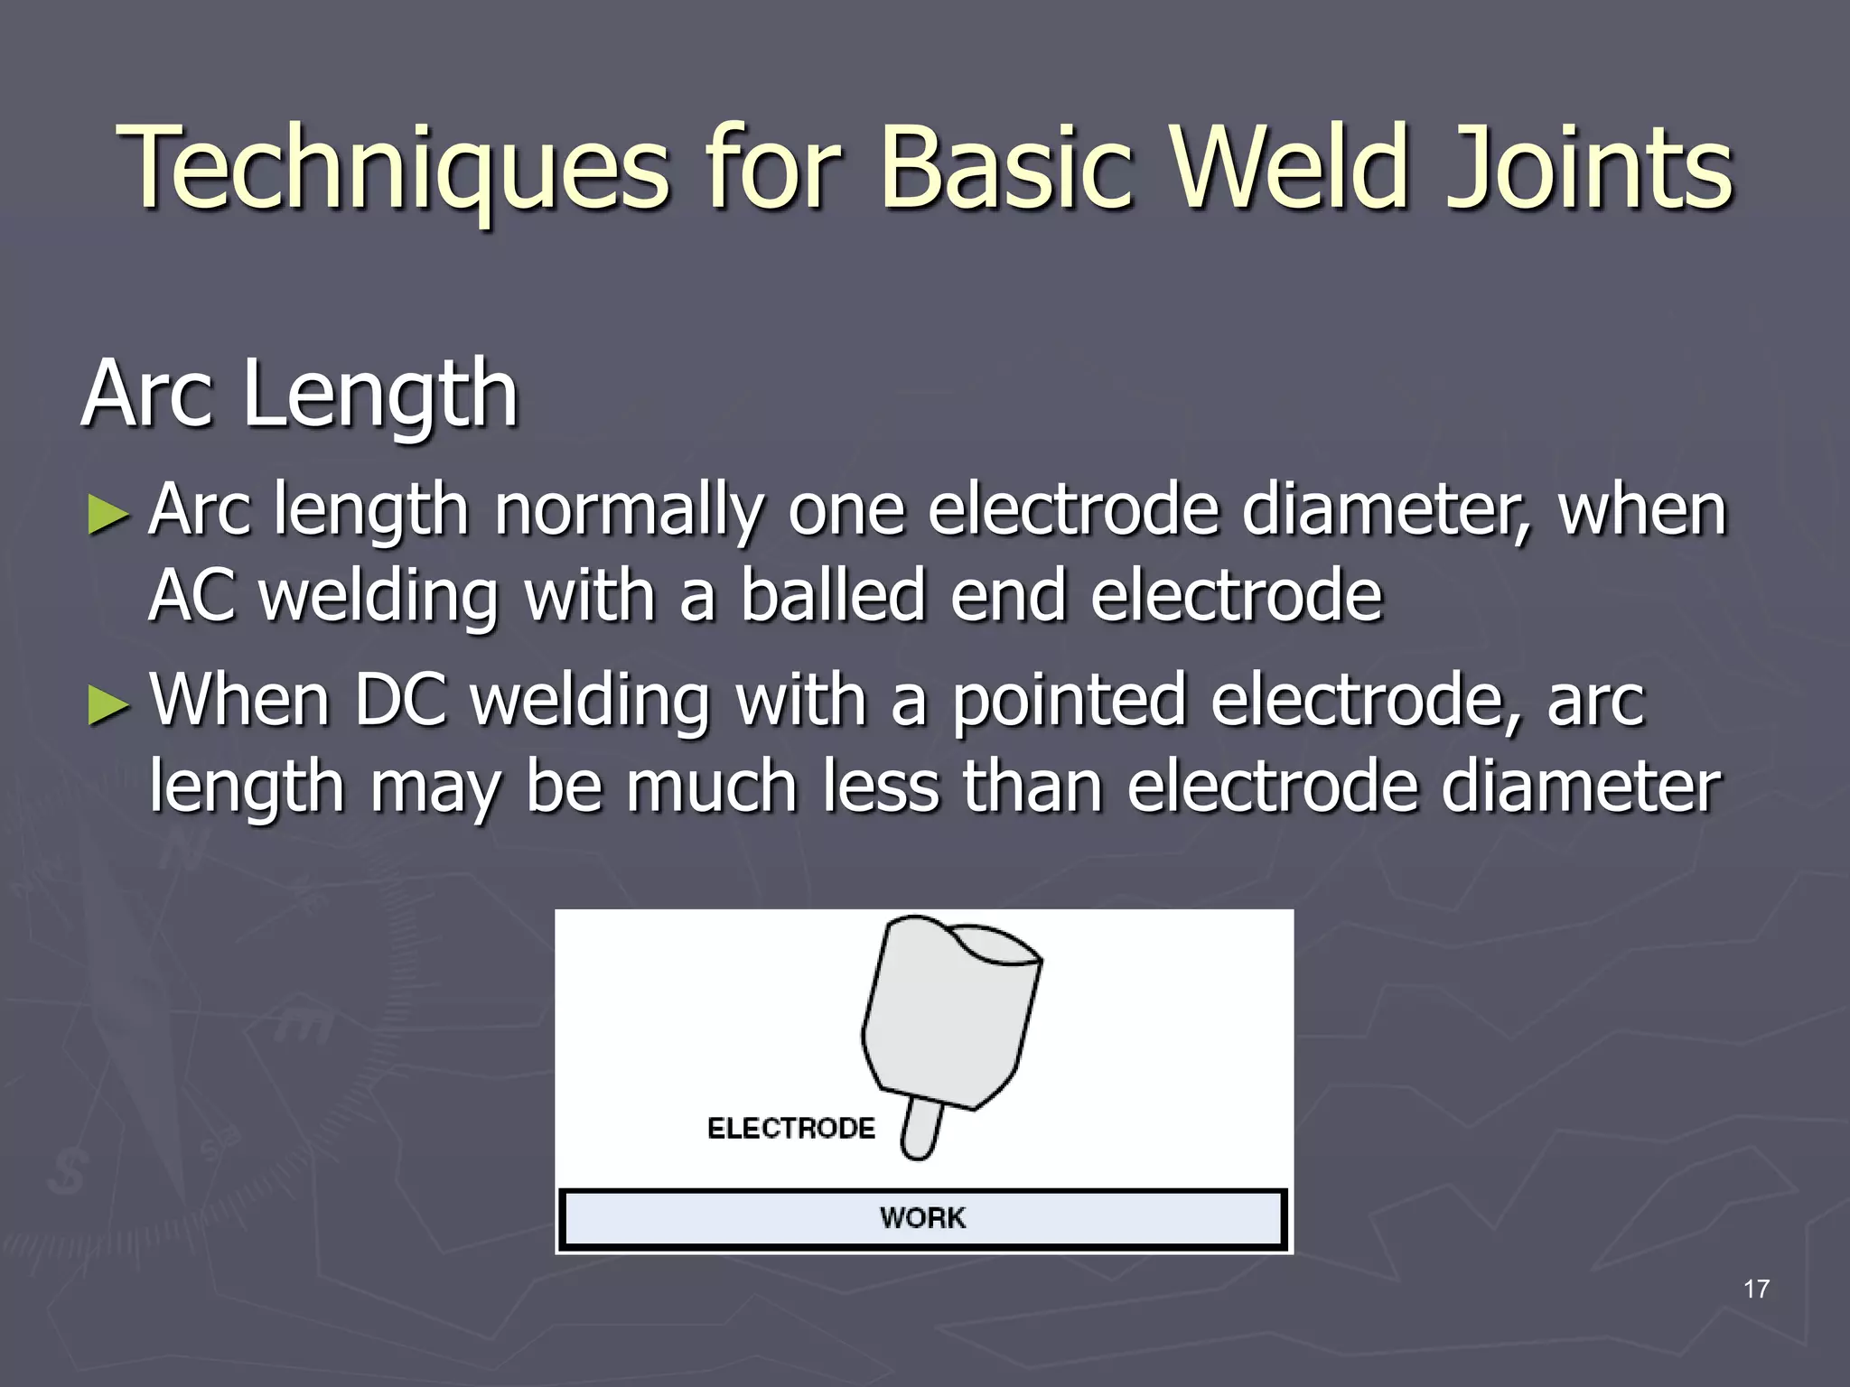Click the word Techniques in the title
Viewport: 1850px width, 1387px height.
click(x=393, y=169)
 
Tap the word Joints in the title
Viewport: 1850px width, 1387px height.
click(x=1590, y=169)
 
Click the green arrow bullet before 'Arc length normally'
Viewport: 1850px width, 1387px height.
click(x=109, y=516)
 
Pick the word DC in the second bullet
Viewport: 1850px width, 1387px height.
click(x=400, y=699)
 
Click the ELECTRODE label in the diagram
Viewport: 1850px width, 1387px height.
click(x=791, y=1129)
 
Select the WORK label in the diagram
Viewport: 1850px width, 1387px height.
click(x=922, y=1218)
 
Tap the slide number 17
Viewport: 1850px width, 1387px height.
click(x=1756, y=1289)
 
